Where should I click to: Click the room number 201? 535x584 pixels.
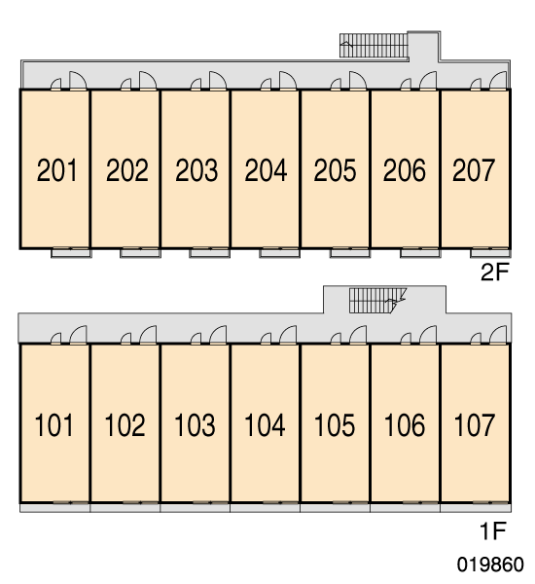[x=56, y=170]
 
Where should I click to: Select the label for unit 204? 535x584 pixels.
[x=266, y=170]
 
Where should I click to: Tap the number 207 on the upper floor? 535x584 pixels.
[x=473, y=170]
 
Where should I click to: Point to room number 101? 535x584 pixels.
[x=53, y=425]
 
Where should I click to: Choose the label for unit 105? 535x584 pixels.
[x=335, y=425]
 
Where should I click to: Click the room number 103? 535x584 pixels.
[x=195, y=425]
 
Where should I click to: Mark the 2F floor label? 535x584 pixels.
[x=494, y=272]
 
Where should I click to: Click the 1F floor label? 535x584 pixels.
[x=493, y=530]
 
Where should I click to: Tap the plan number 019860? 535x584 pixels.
[x=490, y=565]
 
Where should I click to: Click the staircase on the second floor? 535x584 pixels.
[x=374, y=46]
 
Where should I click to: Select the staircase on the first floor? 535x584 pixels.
[x=376, y=300]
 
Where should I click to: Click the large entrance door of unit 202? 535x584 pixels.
[x=148, y=81]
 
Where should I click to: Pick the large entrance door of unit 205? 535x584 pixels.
[x=358, y=81]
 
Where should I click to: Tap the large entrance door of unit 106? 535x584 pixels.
[x=428, y=335]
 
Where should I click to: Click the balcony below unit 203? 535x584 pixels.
[x=209, y=253]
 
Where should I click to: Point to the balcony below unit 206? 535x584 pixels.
[x=420, y=253]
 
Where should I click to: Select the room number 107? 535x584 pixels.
[x=475, y=425]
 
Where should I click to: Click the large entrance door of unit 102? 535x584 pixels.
[x=148, y=335]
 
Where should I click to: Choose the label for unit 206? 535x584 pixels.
[x=404, y=170]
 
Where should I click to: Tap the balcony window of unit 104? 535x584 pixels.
[x=280, y=503]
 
